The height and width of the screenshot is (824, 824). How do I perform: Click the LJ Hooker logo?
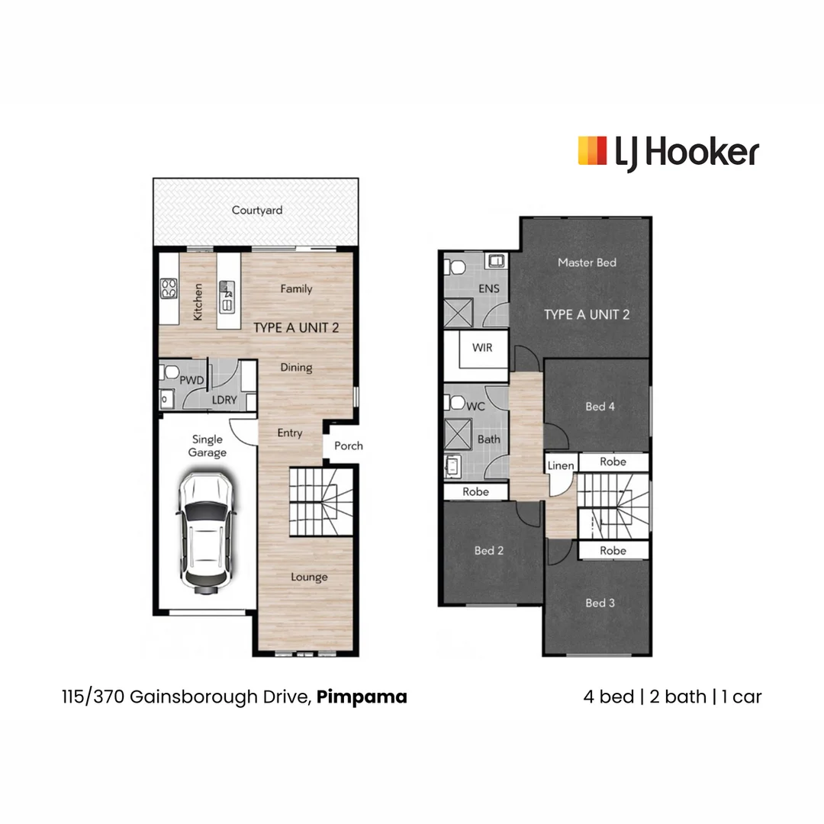tap(668, 152)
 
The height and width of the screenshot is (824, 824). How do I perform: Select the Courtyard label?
tap(257, 210)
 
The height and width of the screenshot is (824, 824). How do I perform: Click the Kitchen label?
tap(198, 301)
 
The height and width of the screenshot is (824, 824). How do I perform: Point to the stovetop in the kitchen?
tap(169, 288)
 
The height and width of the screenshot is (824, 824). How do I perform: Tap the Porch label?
tap(349, 446)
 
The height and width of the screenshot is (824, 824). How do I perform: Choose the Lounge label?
tap(309, 577)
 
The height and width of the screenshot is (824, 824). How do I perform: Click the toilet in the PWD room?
tap(169, 373)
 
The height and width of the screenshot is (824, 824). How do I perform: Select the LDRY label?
tap(224, 399)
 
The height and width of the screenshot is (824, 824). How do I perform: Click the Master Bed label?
tap(587, 262)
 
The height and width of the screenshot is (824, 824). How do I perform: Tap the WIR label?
tap(482, 348)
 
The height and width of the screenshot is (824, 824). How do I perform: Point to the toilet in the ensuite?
tap(456, 268)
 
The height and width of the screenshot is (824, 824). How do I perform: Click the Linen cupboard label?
tap(561, 465)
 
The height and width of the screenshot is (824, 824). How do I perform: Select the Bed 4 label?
tap(600, 407)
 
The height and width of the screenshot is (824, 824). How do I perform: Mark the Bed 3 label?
tap(600, 603)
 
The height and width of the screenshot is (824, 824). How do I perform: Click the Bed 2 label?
tap(489, 550)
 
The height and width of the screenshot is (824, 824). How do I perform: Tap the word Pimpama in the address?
tap(362, 697)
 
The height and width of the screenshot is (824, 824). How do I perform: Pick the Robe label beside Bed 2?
tap(475, 492)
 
